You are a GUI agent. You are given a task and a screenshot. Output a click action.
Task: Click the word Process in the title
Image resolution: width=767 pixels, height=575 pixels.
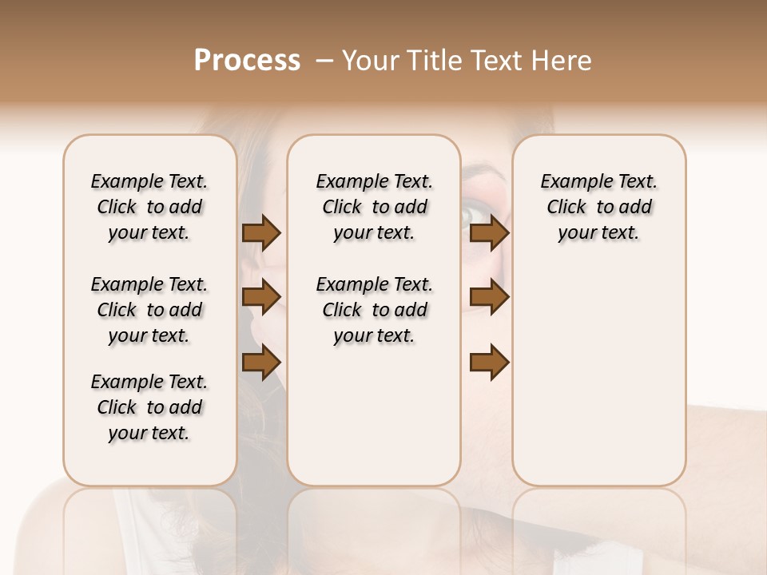click(247, 61)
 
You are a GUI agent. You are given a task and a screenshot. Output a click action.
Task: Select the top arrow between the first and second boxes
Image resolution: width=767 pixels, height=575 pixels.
click(261, 233)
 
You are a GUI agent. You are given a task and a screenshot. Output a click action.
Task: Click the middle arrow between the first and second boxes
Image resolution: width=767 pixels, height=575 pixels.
click(261, 298)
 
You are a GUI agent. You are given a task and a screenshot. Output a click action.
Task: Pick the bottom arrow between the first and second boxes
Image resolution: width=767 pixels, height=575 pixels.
click(261, 363)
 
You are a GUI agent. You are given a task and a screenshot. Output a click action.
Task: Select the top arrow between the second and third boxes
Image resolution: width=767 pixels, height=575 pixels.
click(489, 233)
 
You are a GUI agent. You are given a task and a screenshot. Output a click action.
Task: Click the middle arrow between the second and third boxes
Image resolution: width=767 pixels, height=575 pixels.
click(489, 298)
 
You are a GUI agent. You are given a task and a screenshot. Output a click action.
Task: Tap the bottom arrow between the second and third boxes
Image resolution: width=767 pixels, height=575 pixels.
click(489, 363)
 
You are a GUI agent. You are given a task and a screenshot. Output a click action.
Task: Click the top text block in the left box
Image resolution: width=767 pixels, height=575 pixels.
click(149, 207)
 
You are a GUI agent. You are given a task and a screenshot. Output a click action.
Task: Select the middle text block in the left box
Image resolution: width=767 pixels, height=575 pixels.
click(149, 310)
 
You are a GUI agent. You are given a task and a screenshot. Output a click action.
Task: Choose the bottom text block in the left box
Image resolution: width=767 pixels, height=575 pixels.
click(149, 407)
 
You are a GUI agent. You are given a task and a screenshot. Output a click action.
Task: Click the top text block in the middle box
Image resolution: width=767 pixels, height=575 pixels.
click(374, 207)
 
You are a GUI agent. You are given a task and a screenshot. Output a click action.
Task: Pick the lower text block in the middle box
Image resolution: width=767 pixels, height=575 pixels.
click(374, 310)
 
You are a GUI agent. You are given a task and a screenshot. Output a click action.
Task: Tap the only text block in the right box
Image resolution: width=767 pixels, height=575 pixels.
click(599, 207)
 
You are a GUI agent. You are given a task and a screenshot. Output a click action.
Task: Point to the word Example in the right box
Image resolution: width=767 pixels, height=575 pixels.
click(570, 182)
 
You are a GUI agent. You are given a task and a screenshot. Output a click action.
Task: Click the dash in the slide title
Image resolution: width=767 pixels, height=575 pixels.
click(324, 61)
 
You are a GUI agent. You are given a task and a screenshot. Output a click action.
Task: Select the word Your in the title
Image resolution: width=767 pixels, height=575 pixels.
click(366, 61)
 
